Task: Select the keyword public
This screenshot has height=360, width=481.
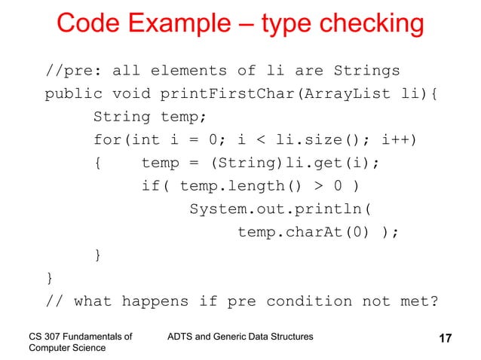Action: coord(73,96)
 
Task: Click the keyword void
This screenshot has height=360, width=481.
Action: coord(131,96)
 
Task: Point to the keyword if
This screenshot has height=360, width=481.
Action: coord(151,187)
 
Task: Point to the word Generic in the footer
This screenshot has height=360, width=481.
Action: coord(242,334)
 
